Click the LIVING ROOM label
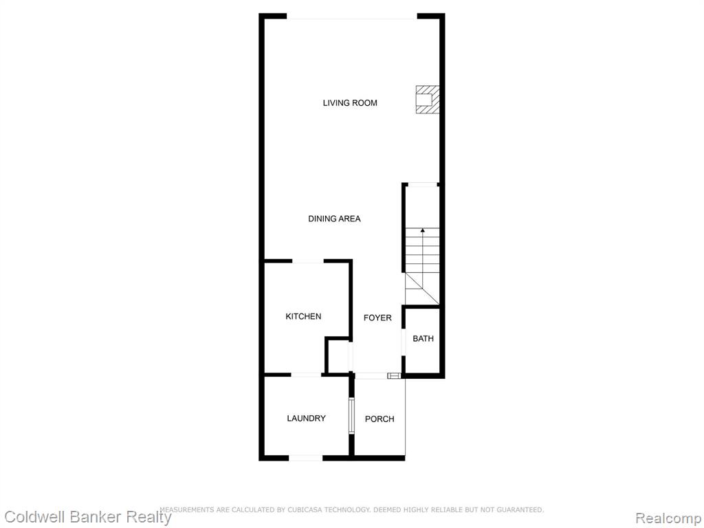(350, 103)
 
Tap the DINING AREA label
(334, 219)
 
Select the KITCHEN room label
(303, 316)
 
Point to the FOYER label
(377, 318)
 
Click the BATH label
(423, 338)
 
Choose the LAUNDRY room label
(306, 419)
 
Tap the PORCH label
(379, 419)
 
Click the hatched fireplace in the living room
(427, 99)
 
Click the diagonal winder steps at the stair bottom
(422, 289)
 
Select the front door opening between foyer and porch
(372, 375)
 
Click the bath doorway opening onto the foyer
(403, 342)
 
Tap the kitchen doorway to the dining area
(308, 261)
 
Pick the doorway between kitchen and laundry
(306, 375)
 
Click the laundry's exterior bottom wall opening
(305, 458)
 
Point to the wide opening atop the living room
(352, 17)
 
